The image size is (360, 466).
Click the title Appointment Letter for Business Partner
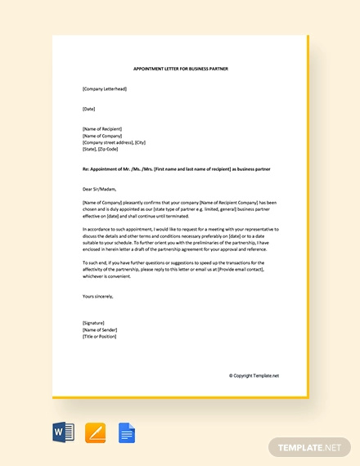tap(180, 69)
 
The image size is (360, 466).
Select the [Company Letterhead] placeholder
tap(105, 88)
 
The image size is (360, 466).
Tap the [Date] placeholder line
tap(89, 108)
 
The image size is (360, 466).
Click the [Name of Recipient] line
tap(104, 128)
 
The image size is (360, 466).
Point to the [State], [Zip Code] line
tap(101, 148)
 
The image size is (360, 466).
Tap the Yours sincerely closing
tap(98, 296)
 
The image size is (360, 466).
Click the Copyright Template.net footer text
tap(254, 375)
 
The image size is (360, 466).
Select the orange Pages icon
tap(95, 432)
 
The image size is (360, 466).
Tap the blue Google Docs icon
tap(127, 432)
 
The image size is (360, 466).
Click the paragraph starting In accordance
tap(180, 240)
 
